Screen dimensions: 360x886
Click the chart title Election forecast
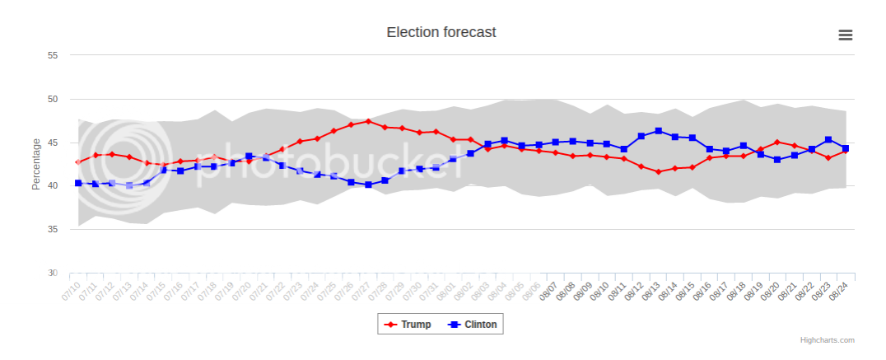(441, 32)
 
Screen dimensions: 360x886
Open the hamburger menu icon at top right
(845, 35)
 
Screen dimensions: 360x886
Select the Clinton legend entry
(473, 325)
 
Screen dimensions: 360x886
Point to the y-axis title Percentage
(36, 164)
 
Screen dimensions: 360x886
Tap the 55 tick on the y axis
(53, 55)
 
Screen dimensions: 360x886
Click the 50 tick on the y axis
(53, 99)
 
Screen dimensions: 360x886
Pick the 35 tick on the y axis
(53, 229)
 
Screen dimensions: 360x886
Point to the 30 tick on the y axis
(53, 273)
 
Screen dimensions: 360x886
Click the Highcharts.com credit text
(827, 339)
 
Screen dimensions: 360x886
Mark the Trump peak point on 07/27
(368, 121)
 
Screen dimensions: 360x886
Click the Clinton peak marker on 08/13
(658, 131)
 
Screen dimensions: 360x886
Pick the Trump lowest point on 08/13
(658, 171)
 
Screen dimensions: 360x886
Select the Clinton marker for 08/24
(846, 148)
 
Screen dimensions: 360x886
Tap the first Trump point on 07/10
(78, 161)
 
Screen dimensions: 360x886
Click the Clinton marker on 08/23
(828, 140)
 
